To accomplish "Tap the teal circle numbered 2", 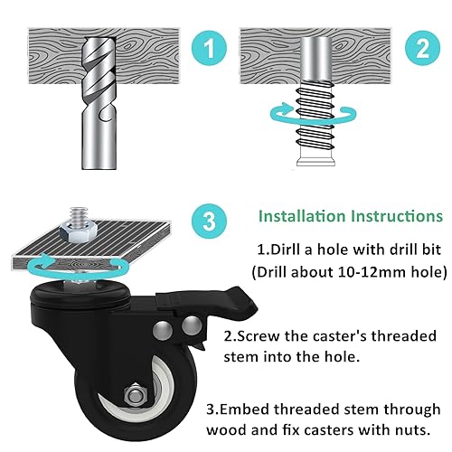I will pyautogui.click(x=420, y=51).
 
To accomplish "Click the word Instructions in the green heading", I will pyautogui.click(x=398, y=217).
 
